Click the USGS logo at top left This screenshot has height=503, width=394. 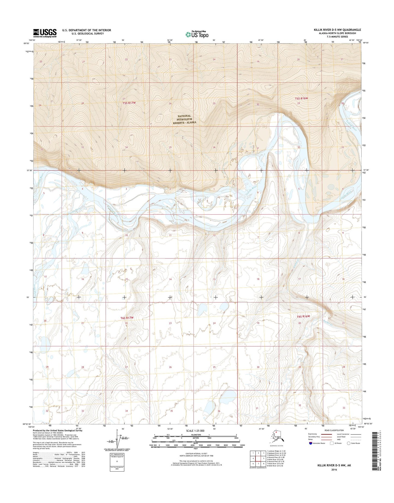tap(45, 33)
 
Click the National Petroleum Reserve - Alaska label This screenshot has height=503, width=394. tap(185, 119)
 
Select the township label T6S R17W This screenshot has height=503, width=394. tap(127, 318)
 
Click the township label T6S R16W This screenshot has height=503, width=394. tap(303, 316)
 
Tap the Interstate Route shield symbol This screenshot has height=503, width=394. tap(310, 443)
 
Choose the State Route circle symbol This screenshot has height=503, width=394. tap(348, 443)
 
